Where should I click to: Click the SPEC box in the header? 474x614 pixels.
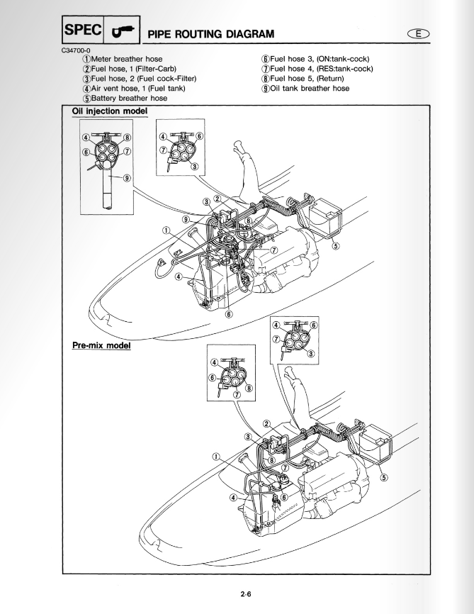tap(83, 30)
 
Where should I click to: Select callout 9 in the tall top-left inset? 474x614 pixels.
tap(127, 178)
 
